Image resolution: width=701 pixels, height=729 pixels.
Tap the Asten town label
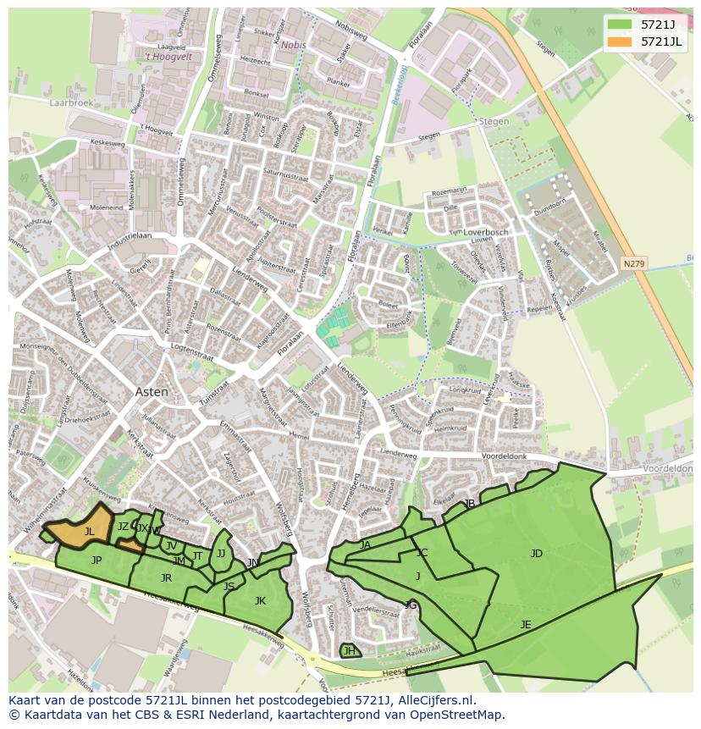[x=152, y=392]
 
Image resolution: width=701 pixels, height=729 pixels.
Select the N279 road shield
[x=633, y=263]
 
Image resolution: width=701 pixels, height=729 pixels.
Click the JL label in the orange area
[x=89, y=532]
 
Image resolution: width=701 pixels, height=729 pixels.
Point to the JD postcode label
[x=536, y=554]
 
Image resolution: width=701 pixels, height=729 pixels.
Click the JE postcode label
[x=526, y=625]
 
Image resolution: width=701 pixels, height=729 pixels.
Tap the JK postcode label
[x=260, y=601]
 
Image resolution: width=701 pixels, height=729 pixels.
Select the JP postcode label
[x=97, y=561]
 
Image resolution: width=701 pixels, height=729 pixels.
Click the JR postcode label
[x=166, y=578]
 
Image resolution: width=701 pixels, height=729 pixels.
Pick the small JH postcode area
[x=349, y=650]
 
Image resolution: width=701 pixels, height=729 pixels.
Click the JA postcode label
[x=365, y=545]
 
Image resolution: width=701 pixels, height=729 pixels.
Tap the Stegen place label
[x=494, y=121]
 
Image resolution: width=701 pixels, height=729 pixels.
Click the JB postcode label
[x=469, y=504]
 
